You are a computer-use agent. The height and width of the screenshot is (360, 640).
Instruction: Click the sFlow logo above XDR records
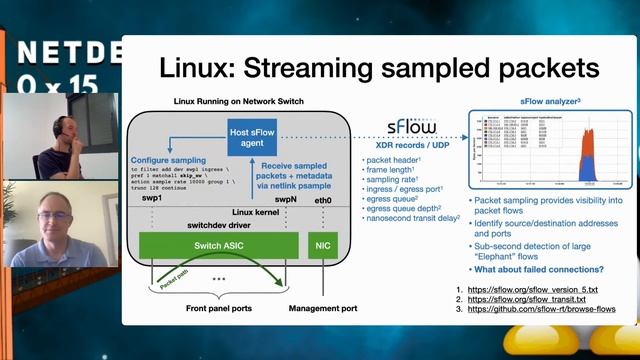pyautogui.click(x=411, y=127)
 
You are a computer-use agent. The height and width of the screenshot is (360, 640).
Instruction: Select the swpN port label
pyautogui.click(x=285, y=200)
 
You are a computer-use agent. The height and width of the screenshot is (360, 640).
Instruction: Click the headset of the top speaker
pyautogui.click(x=60, y=126)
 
